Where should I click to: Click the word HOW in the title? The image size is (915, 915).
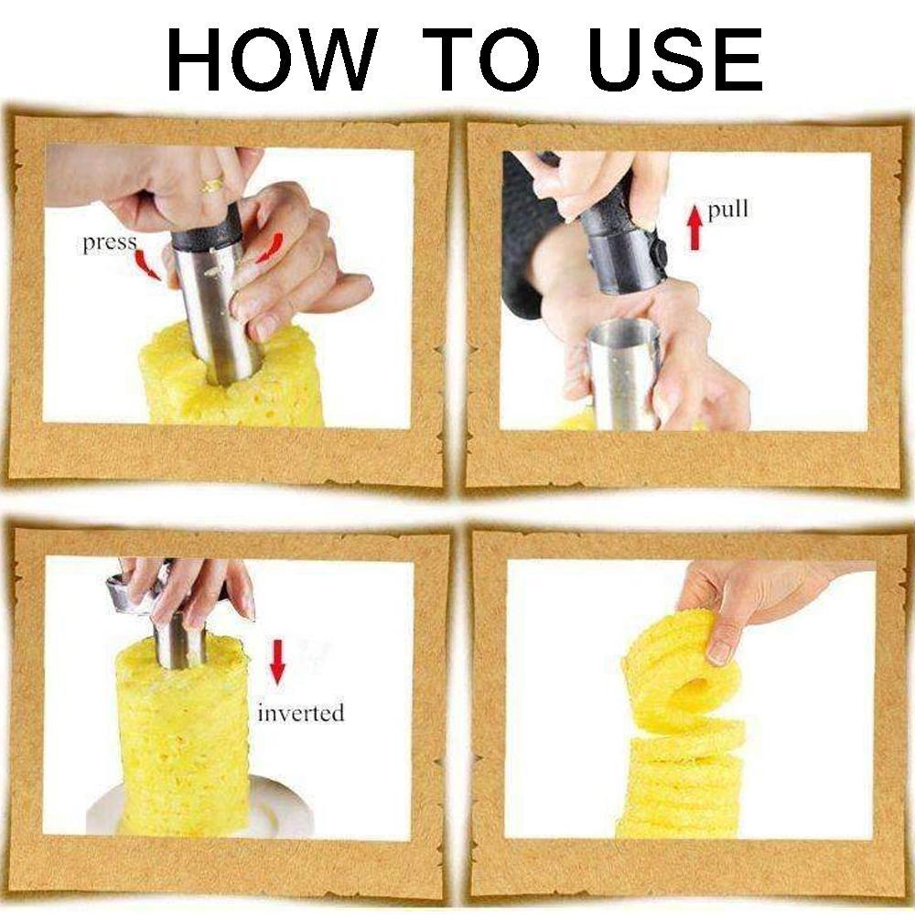pyautogui.click(x=272, y=59)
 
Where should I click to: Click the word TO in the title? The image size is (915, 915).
pyautogui.click(x=481, y=59)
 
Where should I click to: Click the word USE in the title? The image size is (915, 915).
pyautogui.click(x=675, y=59)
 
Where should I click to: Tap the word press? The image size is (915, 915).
pyautogui.click(x=110, y=242)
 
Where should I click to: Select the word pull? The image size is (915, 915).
pyautogui.click(x=727, y=210)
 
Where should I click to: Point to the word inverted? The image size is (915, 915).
pyautogui.click(x=300, y=713)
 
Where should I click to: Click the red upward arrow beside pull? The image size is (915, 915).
pyautogui.click(x=694, y=228)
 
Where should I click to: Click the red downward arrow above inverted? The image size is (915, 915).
pyautogui.click(x=277, y=662)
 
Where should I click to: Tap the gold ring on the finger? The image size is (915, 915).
pyautogui.click(x=212, y=185)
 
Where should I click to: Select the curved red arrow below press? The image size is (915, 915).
pyautogui.click(x=147, y=265)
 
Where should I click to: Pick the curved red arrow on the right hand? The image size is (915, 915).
pyautogui.click(x=270, y=248)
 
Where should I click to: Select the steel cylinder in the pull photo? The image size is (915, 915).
pyautogui.click(x=622, y=373)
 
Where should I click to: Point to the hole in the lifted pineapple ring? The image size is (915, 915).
pyautogui.click(x=694, y=689)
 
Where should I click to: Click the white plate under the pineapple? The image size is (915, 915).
pyautogui.click(x=199, y=808)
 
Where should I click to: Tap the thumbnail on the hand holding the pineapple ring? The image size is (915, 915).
pyautogui.click(x=719, y=653)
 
